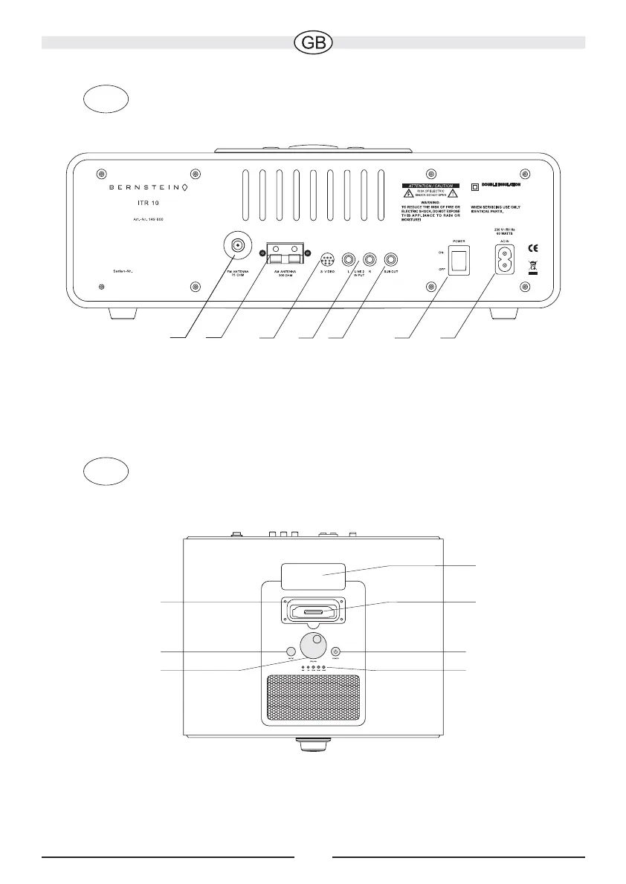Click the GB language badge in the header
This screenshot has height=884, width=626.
313,42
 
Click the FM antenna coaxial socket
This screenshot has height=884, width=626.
237,247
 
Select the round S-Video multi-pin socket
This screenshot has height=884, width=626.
327,261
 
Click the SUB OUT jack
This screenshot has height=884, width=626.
390,261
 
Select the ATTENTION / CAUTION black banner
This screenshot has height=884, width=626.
430,183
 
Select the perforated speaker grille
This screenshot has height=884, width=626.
312,696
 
